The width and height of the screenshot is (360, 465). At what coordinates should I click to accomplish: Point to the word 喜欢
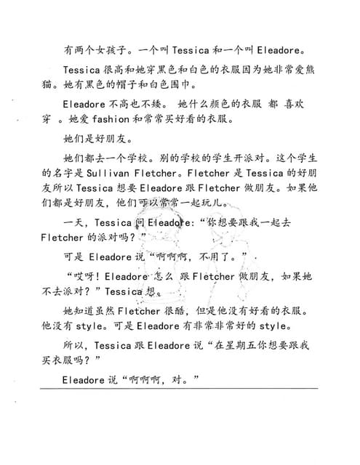(x=300, y=103)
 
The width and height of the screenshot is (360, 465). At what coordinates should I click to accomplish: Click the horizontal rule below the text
(x=179, y=389)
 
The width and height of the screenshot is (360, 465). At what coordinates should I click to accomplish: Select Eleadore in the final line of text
(x=84, y=379)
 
